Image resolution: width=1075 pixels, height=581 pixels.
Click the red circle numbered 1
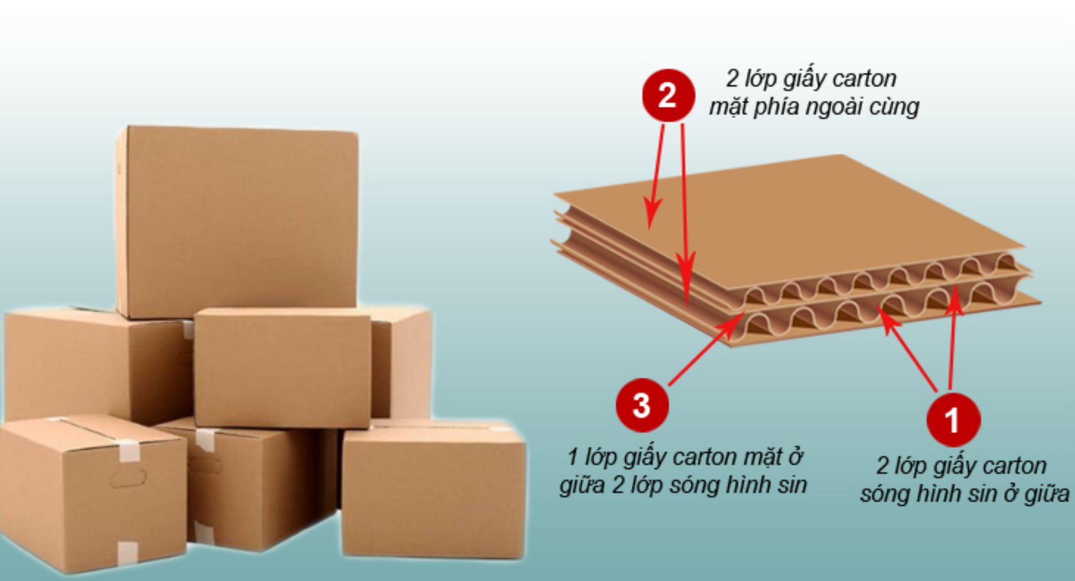(953, 420)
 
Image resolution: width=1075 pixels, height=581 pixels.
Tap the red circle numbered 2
(668, 95)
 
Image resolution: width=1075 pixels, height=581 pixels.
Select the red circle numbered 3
(642, 405)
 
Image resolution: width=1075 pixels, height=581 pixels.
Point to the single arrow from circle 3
(706, 349)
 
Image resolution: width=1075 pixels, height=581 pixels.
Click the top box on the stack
(237, 222)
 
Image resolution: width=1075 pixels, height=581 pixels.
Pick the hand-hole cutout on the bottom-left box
(127, 478)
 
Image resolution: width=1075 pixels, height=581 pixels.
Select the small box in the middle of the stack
(283, 368)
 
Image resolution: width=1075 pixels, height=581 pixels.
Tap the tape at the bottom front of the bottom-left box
(127, 552)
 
